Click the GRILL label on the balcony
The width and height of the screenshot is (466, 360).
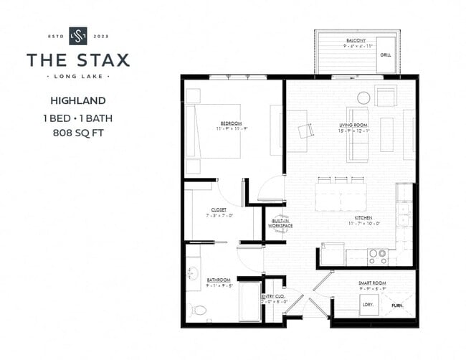(386, 55)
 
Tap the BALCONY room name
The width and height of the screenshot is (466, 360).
(356, 41)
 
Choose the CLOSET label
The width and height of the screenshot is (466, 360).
(219, 210)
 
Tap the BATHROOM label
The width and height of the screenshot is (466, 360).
(219, 280)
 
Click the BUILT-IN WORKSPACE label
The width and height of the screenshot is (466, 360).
(280, 223)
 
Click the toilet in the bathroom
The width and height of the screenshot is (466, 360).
(200, 311)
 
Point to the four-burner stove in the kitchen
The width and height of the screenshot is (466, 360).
(379, 255)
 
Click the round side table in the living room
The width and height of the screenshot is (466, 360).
(363, 98)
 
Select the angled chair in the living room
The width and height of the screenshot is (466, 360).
(305, 130)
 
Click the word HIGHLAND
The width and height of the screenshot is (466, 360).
(78, 100)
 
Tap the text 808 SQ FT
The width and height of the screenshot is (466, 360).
(78, 133)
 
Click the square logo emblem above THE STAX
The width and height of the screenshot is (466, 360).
(77, 36)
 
